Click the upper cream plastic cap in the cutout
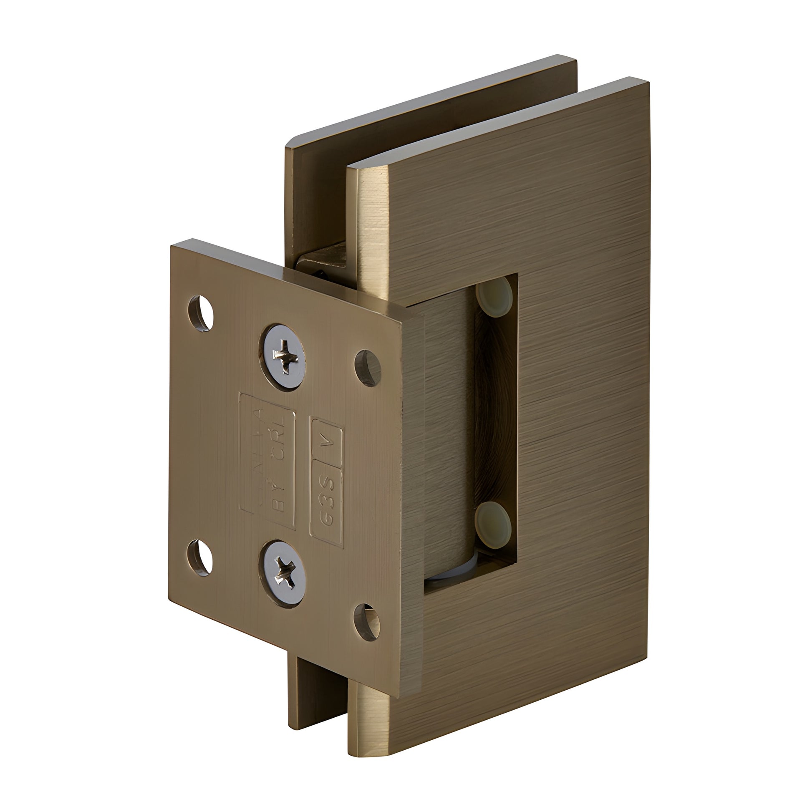coord(494,297)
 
